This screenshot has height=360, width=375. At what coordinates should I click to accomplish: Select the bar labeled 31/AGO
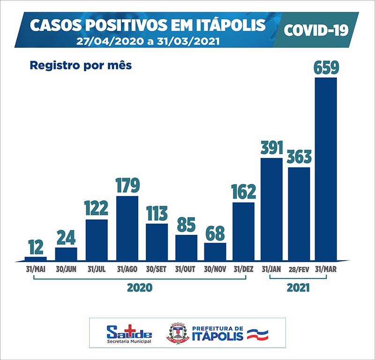pos(127,228)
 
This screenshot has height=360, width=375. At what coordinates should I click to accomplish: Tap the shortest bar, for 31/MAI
pos(36,258)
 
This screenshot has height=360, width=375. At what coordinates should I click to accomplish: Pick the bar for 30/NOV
pos(215,251)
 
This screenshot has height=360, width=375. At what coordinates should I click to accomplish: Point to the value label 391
pos(271,147)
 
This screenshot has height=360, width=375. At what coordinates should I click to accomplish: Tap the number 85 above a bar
pos(186,225)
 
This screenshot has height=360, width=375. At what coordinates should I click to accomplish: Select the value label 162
pos(244,192)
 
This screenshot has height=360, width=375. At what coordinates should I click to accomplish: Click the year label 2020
pos(140,287)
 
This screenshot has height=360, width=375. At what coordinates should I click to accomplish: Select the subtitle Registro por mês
pos(81,65)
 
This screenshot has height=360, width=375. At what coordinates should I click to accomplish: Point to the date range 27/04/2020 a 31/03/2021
pos(148,40)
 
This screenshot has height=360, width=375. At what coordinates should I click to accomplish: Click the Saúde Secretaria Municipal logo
pos(129,333)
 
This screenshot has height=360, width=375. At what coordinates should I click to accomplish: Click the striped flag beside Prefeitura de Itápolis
pos(257,334)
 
